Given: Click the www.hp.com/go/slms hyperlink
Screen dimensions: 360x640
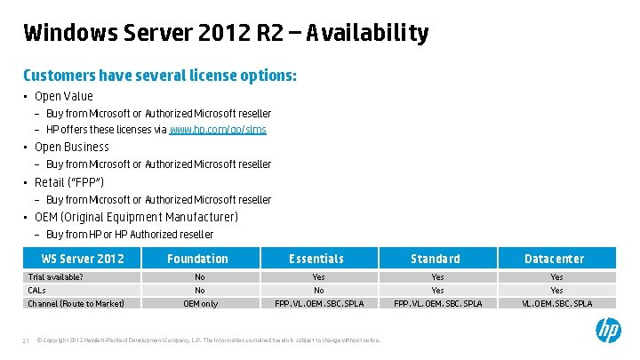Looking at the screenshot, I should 218,130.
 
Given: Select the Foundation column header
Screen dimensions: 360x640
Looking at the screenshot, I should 198,259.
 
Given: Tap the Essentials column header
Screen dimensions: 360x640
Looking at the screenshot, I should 316,259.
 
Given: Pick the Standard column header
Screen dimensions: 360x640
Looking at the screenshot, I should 436,259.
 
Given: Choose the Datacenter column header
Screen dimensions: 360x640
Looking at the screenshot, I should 555,259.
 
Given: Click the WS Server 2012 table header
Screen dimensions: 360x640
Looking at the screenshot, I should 84,259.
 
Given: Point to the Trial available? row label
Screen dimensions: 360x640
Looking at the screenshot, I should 55,277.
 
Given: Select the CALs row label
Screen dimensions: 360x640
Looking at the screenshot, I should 37,291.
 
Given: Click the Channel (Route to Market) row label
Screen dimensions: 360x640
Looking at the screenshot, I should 76,304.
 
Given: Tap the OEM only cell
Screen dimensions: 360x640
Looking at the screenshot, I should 200,304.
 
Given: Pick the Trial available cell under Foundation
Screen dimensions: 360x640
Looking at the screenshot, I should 200,277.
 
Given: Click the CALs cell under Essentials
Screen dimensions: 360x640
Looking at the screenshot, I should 318,291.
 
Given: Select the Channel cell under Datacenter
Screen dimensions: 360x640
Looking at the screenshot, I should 556,304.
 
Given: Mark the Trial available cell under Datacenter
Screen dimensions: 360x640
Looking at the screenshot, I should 556,277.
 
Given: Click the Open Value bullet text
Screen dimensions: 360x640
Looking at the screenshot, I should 63,96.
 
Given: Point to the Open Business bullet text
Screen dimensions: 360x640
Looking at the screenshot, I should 71,148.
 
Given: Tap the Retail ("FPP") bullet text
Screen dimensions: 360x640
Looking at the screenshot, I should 69,182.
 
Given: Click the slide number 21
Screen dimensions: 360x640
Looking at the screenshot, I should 27,340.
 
